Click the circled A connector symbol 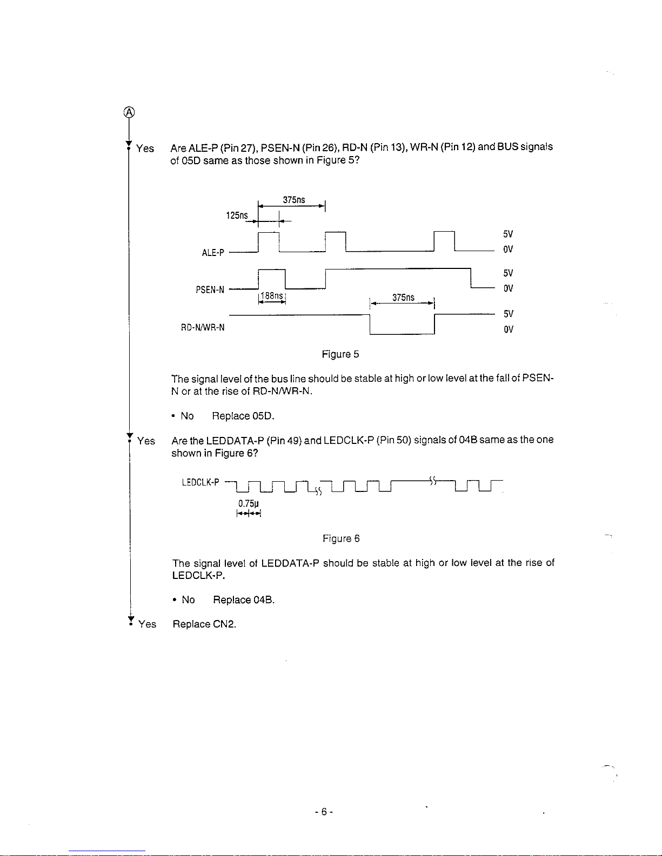pyautogui.click(x=129, y=112)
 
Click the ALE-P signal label pyautogui.click(x=213, y=253)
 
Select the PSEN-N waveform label pyautogui.click(x=210, y=290)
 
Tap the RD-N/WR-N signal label pyautogui.click(x=203, y=327)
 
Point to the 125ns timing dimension pyautogui.click(x=237, y=215)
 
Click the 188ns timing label pyautogui.click(x=272, y=296)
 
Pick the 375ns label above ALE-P pyautogui.click(x=294, y=200)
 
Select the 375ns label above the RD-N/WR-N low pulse pyautogui.click(x=403, y=298)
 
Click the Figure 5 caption pyautogui.click(x=340, y=354)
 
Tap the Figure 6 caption pyautogui.click(x=341, y=538)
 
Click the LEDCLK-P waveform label pyautogui.click(x=200, y=482)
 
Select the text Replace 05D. pyautogui.click(x=243, y=416)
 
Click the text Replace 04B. pyautogui.click(x=244, y=600)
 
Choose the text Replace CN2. pyautogui.click(x=204, y=624)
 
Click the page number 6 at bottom pyautogui.click(x=324, y=812)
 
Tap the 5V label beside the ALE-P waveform pyautogui.click(x=508, y=234)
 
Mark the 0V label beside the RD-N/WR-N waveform pyautogui.click(x=508, y=329)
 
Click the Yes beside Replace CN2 pyautogui.click(x=147, y=624)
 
